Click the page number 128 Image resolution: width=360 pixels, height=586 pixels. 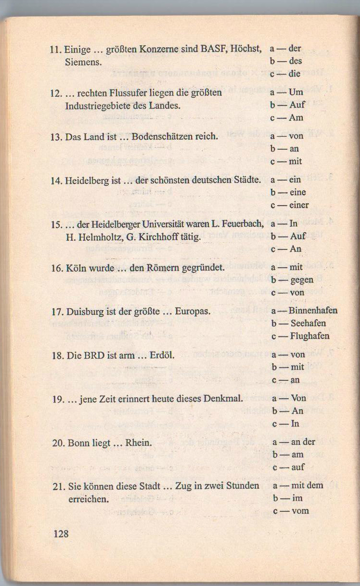tap(61, 534)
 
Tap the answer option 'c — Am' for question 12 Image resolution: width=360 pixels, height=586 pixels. tap(287, 118)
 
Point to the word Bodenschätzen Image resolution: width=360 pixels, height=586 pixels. tap(157, 136)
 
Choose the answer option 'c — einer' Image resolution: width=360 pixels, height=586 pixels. tap(290, 205)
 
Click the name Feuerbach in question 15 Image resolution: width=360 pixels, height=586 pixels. tap(243, 224)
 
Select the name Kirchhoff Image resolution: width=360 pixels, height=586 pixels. tap(167, 237)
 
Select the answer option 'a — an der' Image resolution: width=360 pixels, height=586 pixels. tap(294, 442)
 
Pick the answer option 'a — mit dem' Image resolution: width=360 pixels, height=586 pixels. tap(297, 485)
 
